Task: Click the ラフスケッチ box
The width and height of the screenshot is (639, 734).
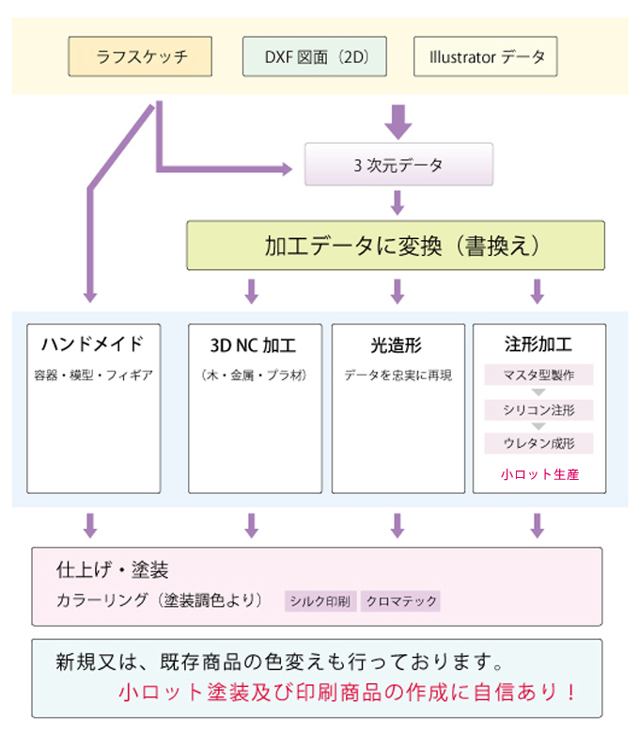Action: click(x=140, y=56)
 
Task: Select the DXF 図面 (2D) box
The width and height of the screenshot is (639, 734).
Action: click(x=313, y=56)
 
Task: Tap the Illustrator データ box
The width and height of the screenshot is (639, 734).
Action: click(x=486, y=56)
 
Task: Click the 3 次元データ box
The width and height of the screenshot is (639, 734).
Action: click(x=398, y=165)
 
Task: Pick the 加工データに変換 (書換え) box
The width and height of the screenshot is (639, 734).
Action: click(x=395, y=246)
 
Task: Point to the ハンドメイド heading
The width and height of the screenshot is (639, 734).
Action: click(x=91, y=343)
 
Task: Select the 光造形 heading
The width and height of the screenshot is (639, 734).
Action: click(x=398, y=343)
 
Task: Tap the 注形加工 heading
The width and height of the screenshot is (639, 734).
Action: click(x=538, y=343)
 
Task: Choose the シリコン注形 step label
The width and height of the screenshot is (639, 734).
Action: click(x=538, y=409)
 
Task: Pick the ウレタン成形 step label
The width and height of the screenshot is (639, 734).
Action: click(x=538, y=442)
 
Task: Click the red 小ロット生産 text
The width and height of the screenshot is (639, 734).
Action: click(x=539, y=474)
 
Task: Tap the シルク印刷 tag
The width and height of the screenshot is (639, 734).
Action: click(x=320, y=600)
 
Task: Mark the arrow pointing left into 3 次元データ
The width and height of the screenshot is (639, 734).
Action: click(x=282, y=169)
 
